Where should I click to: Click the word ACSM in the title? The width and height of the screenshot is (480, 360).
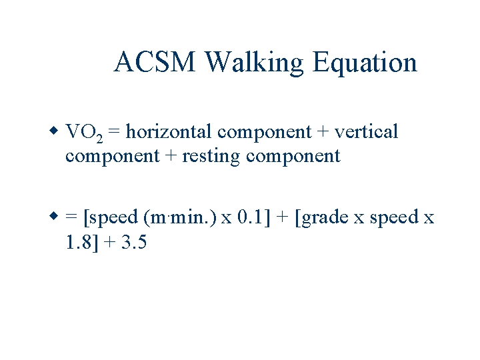pyautogui.click(x=156, y=63)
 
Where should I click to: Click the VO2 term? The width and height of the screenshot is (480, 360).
pyautogui.click(x=83, y=133)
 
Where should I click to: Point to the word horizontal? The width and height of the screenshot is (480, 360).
pyautogui.click(x=170, y=132)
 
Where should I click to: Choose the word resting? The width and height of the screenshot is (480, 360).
pyautogui.click(x=210, y=157)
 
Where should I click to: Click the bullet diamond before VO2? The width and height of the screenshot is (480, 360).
pyautogui.click(x=54, y=131)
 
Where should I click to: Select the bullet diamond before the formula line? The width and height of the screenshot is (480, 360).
pyautogui.click(x=54, y=216)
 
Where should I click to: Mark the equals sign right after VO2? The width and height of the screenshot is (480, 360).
pyautogui.click(x=114, y=133)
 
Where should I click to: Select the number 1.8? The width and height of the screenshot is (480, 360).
pyautogui.click(x=79, y=243)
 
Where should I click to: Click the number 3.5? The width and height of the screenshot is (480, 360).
pyautogui.click(x=133, y=243)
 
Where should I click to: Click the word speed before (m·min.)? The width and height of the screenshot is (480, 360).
pyautogui.click(x=113, y=219)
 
